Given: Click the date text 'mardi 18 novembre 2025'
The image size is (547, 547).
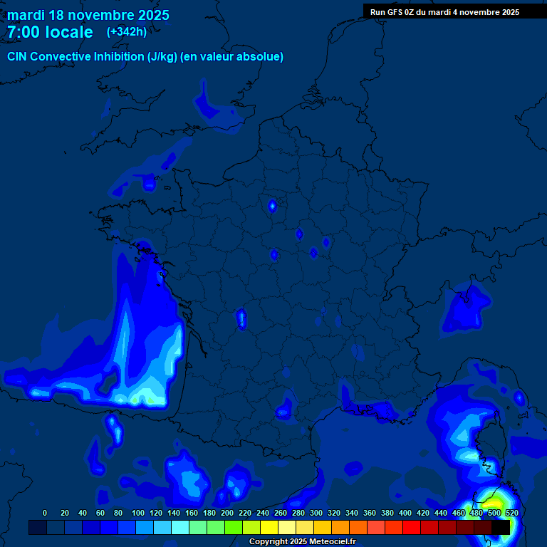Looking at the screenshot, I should pyautogui.click(x=88, y=15).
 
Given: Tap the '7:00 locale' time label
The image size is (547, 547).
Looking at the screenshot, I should pyautogui.click(x=50, y=32).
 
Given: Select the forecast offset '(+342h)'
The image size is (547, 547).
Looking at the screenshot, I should pyautogui.click(x=127, y=32).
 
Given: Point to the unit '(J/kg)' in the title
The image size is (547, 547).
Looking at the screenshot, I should pyautogui.click(x=163, y=56).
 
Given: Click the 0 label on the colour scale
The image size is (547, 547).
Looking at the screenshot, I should pyautogui.click(x=45, y=513).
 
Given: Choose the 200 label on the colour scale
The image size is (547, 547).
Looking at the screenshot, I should pyautogui.click(x=226, y=513).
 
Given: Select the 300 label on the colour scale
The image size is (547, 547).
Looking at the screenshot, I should pyautogui.click(x=316, y=513).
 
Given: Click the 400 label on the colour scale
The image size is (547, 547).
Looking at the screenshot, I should pyautogui.click(x=405, y=513).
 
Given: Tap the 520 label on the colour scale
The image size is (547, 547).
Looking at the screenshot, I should pyautogui.click(x=511, y=513).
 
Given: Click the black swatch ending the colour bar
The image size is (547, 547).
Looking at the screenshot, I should pyautogui.click(x=501, y=527).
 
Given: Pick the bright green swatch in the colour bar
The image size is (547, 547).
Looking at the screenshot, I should pyautogui.click(x=234, y=527).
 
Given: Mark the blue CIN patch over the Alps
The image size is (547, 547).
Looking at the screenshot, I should pyautogui.click(x=467, y=304).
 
